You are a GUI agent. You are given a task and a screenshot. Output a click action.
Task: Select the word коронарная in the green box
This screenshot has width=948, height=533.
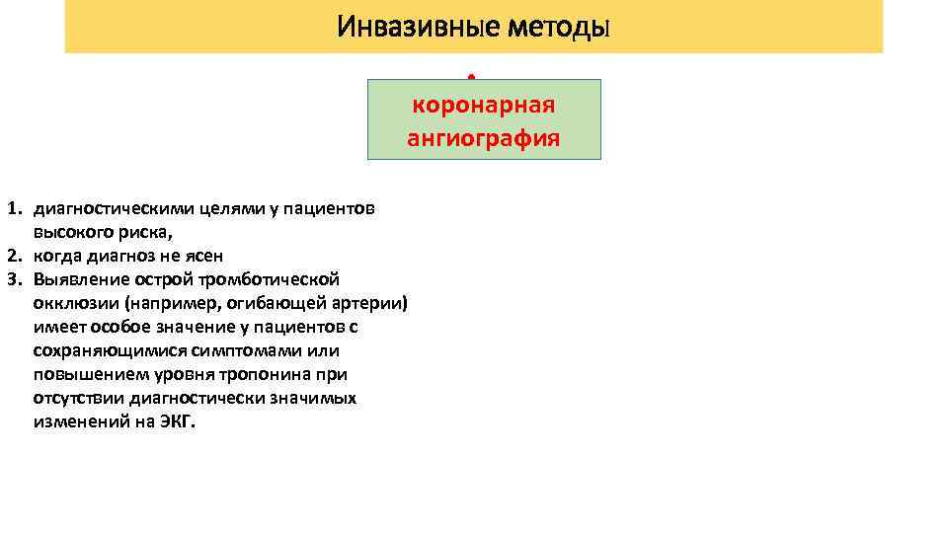484,105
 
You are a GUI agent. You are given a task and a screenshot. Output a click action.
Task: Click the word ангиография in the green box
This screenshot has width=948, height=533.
484,138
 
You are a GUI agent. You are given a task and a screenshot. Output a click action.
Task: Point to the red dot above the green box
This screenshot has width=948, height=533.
472,75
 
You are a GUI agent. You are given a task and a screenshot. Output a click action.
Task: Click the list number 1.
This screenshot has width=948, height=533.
14,209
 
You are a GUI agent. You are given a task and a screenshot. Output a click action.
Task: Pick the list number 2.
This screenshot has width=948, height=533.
14,257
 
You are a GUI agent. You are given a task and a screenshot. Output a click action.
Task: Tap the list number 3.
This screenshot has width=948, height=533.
14,280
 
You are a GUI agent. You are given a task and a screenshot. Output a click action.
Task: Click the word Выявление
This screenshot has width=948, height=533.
75,280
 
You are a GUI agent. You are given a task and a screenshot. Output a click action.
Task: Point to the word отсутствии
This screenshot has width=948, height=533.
78,399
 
